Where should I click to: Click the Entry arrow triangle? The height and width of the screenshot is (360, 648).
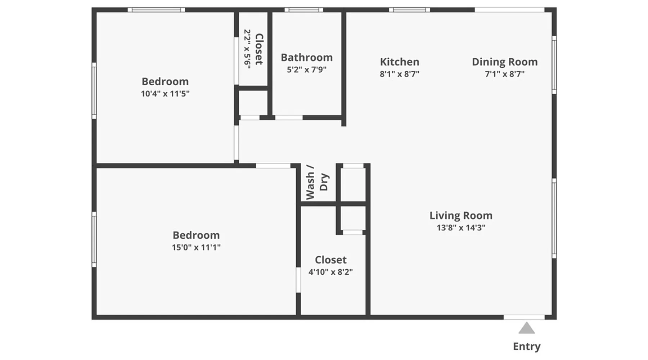click(x=526, y=328)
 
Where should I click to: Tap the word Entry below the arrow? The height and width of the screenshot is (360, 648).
click(x=527, y=346)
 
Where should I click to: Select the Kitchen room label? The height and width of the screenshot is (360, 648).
click(x=400, y=62)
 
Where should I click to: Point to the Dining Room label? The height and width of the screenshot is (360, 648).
click(x=505, y=62)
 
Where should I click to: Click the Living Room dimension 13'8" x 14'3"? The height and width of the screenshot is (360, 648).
click(x=461, y=228)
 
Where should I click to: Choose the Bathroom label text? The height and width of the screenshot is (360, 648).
click(x=307, y=58)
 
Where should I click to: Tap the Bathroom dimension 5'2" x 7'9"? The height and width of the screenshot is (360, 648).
click(x=307, y=69)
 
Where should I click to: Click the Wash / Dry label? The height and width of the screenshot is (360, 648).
click(x=317, y=182)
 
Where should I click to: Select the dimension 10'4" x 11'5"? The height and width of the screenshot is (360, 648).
click(x=165, y=94)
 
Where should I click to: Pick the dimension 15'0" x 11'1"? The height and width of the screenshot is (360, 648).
click(x=196, y=247)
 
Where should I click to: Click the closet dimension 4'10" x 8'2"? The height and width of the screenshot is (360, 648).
click(x=330, y=272)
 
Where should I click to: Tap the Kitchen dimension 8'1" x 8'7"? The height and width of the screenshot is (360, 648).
click(x=400, y=74)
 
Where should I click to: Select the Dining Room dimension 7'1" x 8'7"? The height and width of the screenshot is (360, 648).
click(x=505, y=74)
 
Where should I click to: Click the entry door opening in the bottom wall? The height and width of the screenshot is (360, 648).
click(x=524, y=317)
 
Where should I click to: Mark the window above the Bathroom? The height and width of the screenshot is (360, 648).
click(x=304, y=10)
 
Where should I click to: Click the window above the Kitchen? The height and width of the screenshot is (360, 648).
click(x=410, y=10)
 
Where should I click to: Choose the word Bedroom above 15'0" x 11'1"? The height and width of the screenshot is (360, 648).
click(x=196, y=235)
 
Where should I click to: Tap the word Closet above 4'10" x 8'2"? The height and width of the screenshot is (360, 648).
click(x=331, y=260)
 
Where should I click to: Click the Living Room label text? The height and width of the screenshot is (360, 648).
click(x=461, y=216)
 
